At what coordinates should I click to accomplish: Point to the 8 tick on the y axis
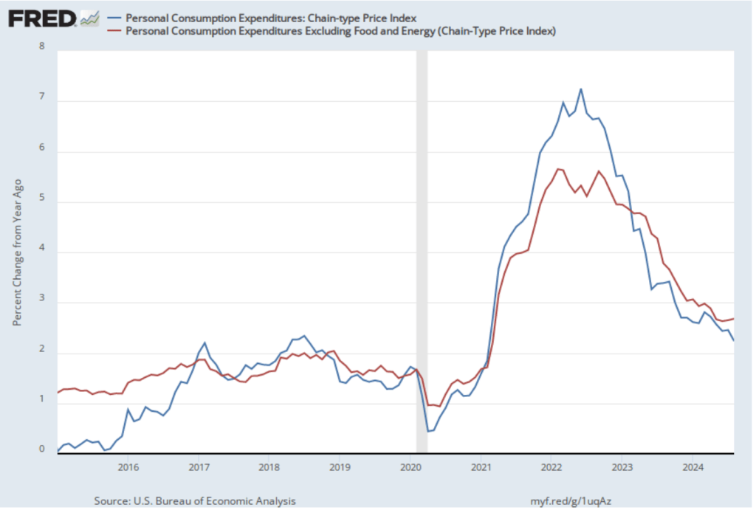click(41, 46)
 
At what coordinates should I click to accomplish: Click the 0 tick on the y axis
click(41, 447)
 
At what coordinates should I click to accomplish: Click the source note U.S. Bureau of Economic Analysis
click(195, 500)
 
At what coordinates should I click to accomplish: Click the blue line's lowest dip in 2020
click(428, 430)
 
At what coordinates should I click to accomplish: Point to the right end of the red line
click(733, 319)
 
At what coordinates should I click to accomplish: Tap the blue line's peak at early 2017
click(205, 343)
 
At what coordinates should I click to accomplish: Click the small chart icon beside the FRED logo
click(90, 18)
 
